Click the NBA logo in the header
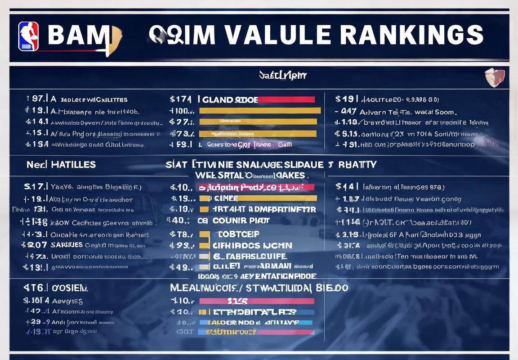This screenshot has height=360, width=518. coord(28,36)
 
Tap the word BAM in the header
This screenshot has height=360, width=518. coord(77,36)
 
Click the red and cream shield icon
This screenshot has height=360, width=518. coord(494,77)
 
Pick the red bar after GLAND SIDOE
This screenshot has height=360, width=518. coord(286,99)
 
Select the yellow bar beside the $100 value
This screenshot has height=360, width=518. coord(260,111)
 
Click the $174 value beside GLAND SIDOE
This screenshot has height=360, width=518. coord(181,99)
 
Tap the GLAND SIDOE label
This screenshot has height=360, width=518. coord(230,99)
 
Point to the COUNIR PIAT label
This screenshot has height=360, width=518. coord(241,220)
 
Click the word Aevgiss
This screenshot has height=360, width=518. coord(67,301)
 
